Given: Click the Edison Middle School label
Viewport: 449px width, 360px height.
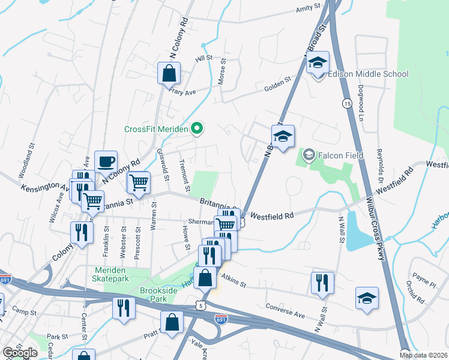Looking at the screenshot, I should coord(368,74).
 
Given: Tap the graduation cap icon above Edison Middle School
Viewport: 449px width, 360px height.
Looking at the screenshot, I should coord(318,62).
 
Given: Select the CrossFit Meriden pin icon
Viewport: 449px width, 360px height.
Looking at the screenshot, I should coord(196,128).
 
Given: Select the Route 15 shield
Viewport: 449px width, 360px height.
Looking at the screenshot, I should coord(347,104).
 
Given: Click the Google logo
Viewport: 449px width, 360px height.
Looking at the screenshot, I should coord(20,353).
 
